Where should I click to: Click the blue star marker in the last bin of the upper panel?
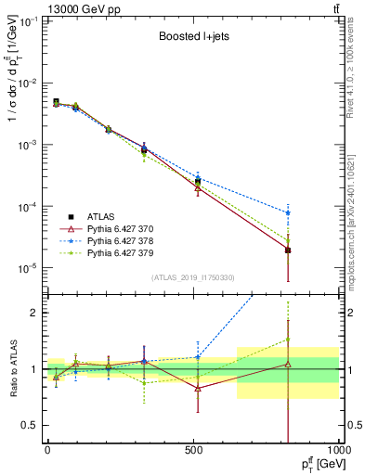coord(288,212)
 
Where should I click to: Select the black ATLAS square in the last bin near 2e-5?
coord(288,250)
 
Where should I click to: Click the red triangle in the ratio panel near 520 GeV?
coord(197,388)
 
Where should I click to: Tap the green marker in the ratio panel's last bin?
coord(288,340)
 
